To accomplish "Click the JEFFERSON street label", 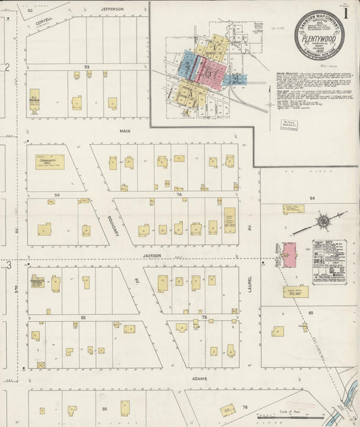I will point(112,9).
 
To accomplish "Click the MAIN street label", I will point(125,130).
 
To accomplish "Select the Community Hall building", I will point(49,162).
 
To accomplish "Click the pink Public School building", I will point(289,255).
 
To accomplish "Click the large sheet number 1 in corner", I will point(346,13).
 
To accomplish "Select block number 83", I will point(86,66).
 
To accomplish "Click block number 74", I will point(178,194).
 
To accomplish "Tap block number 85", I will point(83,316).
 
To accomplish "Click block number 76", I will point(245,407).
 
